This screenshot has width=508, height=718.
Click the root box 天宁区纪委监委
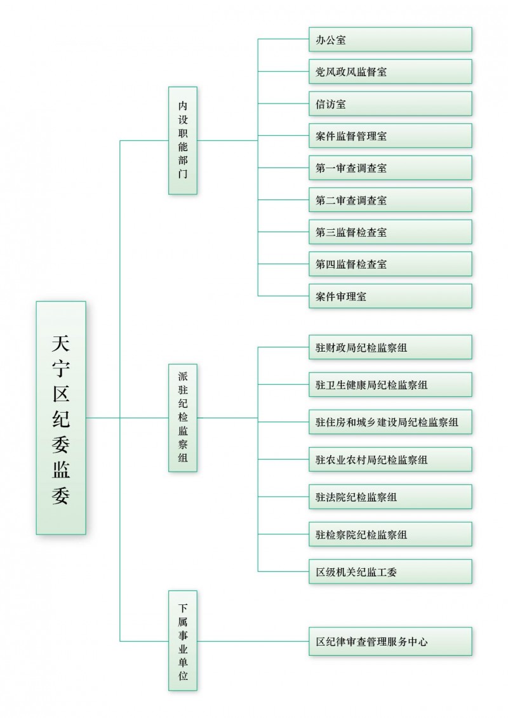click(x=61, y=417)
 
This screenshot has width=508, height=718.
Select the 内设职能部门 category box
click(x=183, y=140)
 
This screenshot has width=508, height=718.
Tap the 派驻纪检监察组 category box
click(x=183, y=417)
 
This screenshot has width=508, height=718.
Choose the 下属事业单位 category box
click(x=183, y=640)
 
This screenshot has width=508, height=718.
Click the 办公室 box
click(x=390, y=39)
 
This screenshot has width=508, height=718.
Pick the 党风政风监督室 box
click(x=390, y=72)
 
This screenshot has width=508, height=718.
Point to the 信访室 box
click(x=390, y=103)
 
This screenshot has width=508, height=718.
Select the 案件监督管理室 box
click(x=390, y=136)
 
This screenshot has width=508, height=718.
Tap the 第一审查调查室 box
click(x=390, y=168)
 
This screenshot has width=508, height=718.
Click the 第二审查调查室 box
click(x=390, y=200)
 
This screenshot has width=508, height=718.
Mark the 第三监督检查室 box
click(x=390, y=232)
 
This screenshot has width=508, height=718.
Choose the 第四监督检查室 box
click(x=390, y=263)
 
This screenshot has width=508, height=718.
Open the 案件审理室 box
click(x=390, y=296)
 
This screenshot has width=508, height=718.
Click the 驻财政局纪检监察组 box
click(x=390, y=347)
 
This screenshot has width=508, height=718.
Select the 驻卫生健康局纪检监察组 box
click(x=390, y=385)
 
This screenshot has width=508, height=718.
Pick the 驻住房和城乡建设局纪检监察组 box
click(x=390, y=422)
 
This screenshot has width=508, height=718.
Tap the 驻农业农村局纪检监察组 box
click(x=390, y=459)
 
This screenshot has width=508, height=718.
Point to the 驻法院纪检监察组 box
click(x=390, y=496)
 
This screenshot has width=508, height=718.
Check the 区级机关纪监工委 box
click(x=390, y=571)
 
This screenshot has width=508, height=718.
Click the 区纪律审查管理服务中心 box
click(x=390, y=641)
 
